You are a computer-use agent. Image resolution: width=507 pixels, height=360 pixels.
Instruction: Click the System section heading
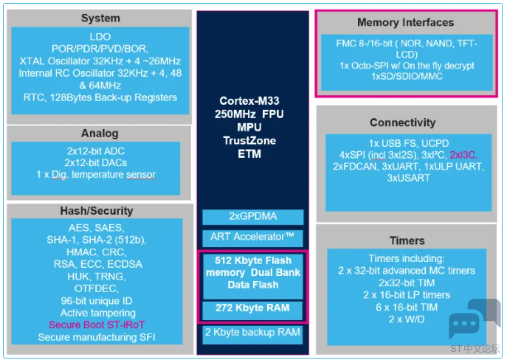click(100, 18)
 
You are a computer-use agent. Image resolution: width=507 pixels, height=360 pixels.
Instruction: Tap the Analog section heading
click(100, 133)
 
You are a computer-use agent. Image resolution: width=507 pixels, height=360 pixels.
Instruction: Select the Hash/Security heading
click(97, 211)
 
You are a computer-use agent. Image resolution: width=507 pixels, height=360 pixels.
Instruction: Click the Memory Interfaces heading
click(405, 22)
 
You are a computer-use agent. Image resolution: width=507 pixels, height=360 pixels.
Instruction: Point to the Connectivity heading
click(402, 122)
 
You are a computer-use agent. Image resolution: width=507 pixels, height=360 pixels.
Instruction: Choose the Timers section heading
click(407, 240)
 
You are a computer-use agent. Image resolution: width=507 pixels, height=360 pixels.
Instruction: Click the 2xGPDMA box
click(253, 217)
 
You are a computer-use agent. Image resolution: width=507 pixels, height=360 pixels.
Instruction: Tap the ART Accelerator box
click(252, 238)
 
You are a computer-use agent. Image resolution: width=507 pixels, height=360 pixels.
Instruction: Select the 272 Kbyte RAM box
click(252, 310)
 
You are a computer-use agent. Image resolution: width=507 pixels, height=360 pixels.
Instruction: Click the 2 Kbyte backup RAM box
click(252, 334)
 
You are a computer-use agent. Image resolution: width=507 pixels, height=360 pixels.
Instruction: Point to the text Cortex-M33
click(249, 101)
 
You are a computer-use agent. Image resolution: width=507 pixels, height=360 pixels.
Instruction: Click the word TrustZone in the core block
click(249, 141)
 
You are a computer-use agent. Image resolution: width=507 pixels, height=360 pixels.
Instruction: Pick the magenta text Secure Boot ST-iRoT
click(97, 325)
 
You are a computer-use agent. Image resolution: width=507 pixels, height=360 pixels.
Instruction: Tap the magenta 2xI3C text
click(463, 155)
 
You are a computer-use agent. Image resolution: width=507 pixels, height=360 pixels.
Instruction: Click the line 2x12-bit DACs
click(96, 162)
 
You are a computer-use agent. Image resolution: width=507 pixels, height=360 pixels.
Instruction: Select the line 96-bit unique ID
click(97, 301)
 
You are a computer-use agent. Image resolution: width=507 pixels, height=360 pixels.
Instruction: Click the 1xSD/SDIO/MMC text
click(407, 77)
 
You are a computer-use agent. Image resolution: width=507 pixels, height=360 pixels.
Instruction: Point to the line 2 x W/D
click(407, 319)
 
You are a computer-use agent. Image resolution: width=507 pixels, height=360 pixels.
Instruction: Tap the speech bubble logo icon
click(475, 318)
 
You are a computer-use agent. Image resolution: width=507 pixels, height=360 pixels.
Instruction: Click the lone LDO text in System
click(100, 37)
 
